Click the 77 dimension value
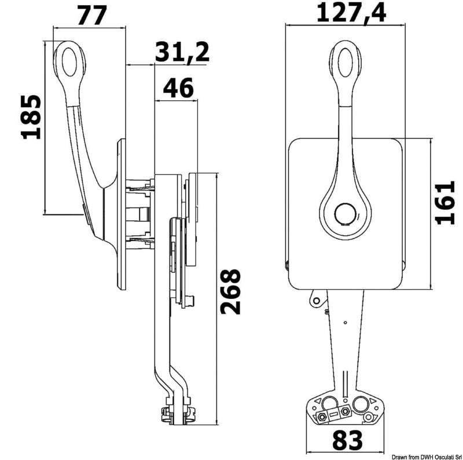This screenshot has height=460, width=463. tap(91, 16)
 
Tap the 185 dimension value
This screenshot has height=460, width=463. tap(31, 117)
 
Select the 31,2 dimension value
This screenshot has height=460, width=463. tap(182, 53)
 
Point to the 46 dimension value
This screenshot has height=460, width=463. tap(178, 88)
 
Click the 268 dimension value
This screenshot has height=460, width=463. tap(230, 291)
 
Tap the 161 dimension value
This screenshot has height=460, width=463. tap(445, 203)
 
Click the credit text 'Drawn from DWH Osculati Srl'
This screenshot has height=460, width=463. tap(427, 457)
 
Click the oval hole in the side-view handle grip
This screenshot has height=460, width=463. tap(70, 62)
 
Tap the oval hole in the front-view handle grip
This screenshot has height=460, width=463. tap(345, 63)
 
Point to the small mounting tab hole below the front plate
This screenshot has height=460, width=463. tap(316, 301)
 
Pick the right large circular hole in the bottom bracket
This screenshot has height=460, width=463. tap(361, 404)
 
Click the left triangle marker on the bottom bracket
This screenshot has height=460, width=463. tap(318, 401)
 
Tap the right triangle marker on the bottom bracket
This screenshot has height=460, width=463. tap(373, 401)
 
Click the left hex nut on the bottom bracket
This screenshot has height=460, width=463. tap(322, 418)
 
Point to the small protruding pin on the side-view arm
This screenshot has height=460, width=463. tap(191, 301)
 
